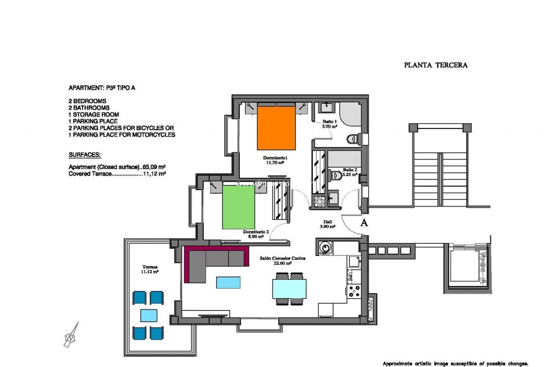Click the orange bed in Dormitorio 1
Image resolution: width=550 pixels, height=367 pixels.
(x=277, y=127)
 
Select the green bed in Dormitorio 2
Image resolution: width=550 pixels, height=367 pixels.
(x=238, y=206)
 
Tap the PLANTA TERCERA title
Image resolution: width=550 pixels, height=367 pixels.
(x=435, y=65)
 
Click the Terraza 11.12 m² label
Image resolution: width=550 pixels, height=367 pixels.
(x=150, y=269)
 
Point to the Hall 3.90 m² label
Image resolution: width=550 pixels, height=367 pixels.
(x=328, y=224)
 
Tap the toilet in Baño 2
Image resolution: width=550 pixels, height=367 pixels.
(x=336, y=176)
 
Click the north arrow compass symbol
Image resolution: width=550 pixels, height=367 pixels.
(x=71, y=335)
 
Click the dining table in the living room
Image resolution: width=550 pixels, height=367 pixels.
(x=289, y=289)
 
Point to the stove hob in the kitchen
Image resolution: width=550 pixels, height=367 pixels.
(x=353, y=291)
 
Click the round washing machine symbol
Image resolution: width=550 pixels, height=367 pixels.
(x=325, y=248)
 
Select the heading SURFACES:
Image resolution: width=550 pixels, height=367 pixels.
(x=85, y=154)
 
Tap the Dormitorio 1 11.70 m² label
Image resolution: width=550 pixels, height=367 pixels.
(x=276, y=161)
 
